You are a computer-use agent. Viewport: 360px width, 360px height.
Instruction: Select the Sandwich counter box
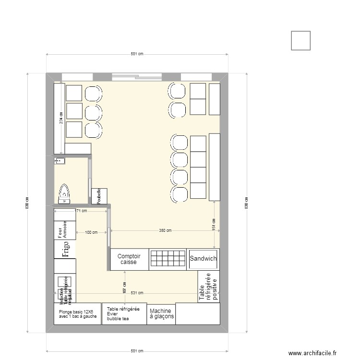click(203, 259)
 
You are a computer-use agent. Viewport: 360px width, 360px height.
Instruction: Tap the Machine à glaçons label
click(160, 314)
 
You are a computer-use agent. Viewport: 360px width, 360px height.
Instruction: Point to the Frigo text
click(65, 249)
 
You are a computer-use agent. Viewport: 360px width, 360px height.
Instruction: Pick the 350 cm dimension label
click(165, 231)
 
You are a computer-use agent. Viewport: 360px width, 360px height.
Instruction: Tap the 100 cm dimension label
click(91, 232)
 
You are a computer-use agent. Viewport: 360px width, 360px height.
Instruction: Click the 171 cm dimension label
click(81, 211)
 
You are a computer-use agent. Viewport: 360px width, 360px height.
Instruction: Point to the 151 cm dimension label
click(214, 223)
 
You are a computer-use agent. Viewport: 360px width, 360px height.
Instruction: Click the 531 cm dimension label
click(137, 293)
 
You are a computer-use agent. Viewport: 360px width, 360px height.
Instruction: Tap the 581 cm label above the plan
click(137, 54)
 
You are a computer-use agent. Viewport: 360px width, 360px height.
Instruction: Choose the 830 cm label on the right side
click(247, 203)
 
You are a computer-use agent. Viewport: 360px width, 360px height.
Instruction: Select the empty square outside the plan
click(300, 41)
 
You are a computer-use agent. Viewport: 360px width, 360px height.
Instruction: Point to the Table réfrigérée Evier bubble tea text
click(123, 313)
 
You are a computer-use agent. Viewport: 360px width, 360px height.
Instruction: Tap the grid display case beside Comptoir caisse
click(168, 258)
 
